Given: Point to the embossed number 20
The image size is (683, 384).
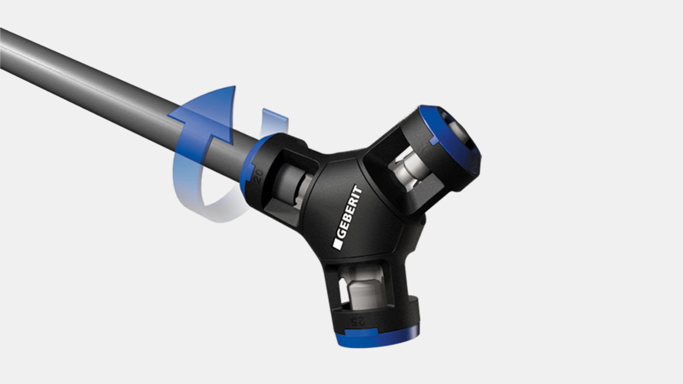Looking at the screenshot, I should click(x=258, y=176).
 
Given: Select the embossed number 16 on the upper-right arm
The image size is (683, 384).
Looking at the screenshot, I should click(x=424, y=148).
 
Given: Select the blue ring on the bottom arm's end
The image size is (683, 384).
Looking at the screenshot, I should click(x=376, y=339).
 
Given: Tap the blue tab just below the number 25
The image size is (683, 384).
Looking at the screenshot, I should click(x=361, y=332).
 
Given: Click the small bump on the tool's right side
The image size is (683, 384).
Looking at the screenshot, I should click(x=423, y=220).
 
